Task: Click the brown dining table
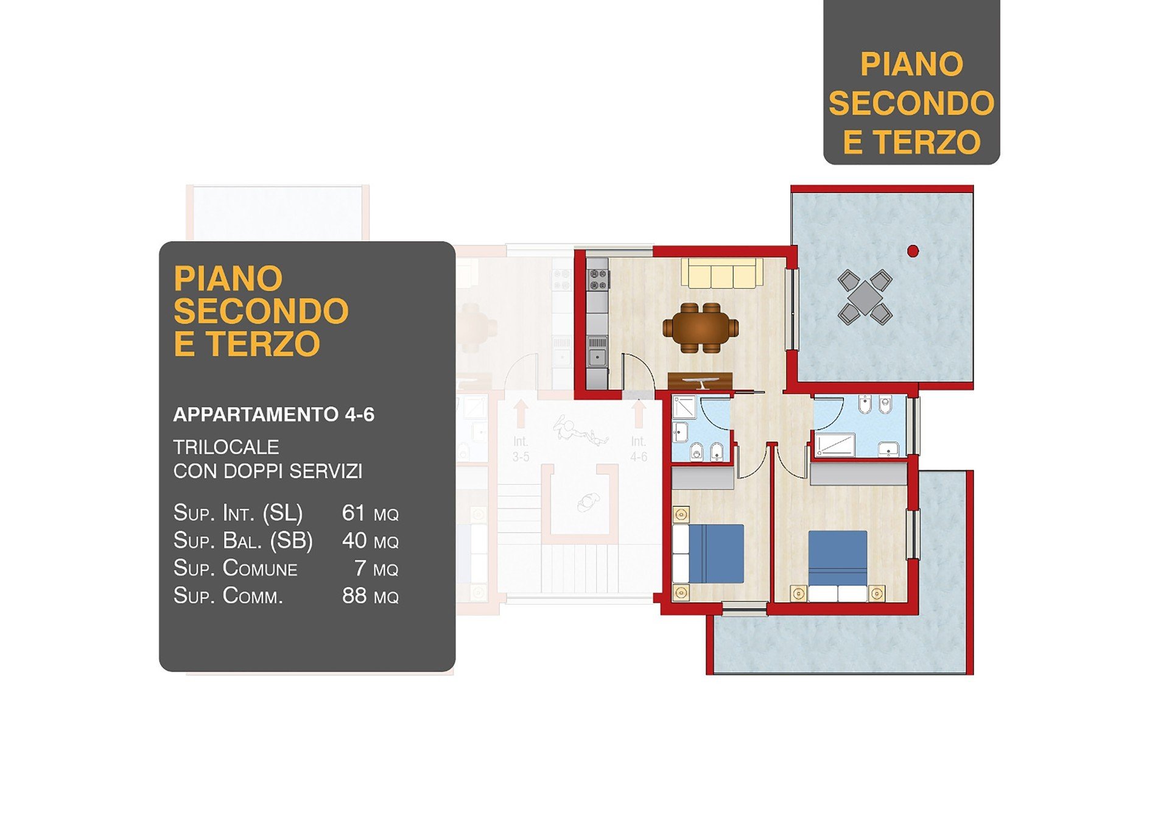701,328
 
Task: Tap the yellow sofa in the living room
722,273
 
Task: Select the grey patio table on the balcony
865,297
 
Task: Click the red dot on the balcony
913,250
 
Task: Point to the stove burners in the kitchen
597,279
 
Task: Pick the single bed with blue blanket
708,554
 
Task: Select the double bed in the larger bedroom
838,566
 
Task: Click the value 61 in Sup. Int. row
353,513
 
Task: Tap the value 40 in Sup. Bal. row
354,540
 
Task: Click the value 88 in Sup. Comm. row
354,595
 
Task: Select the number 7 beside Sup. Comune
360,568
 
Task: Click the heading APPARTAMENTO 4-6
273,415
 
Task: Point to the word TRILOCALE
226,447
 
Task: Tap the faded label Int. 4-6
639,449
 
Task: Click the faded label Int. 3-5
521,449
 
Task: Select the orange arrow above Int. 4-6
639,413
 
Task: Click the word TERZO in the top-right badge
927,142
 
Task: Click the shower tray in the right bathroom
835,444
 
